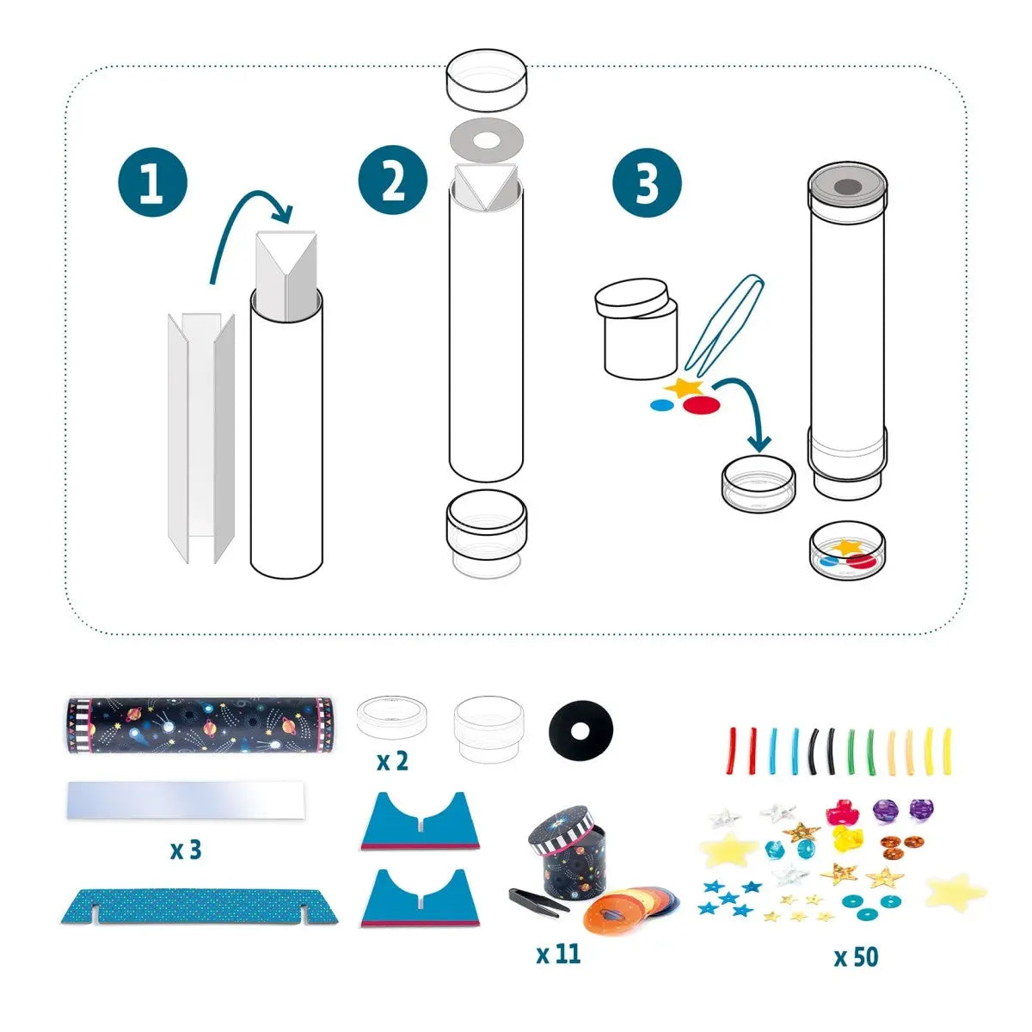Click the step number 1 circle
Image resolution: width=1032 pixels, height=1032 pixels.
click(x=151, y=182)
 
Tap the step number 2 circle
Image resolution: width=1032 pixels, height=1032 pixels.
click(x=393, y=181)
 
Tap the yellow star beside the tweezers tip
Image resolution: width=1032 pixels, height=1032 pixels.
click(x=685, y=388)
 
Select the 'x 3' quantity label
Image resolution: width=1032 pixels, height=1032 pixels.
click(x=185, y=850)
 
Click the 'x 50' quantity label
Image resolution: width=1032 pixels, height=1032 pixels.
click(x=856, y=956)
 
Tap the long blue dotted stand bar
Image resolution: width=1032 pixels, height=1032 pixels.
click(x=200, y=906)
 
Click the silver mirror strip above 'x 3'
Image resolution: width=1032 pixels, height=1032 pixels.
click(x=185, y=800)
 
